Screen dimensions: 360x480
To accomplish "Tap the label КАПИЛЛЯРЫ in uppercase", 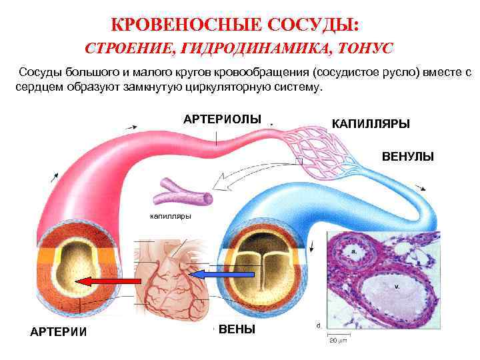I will click(x=371, y=124).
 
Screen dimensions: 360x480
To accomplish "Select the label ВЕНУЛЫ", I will click(x=407, y=157).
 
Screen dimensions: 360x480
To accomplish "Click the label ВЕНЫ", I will click(x=237, y=329).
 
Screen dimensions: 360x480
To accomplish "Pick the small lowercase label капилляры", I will click(x=171, y=216).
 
